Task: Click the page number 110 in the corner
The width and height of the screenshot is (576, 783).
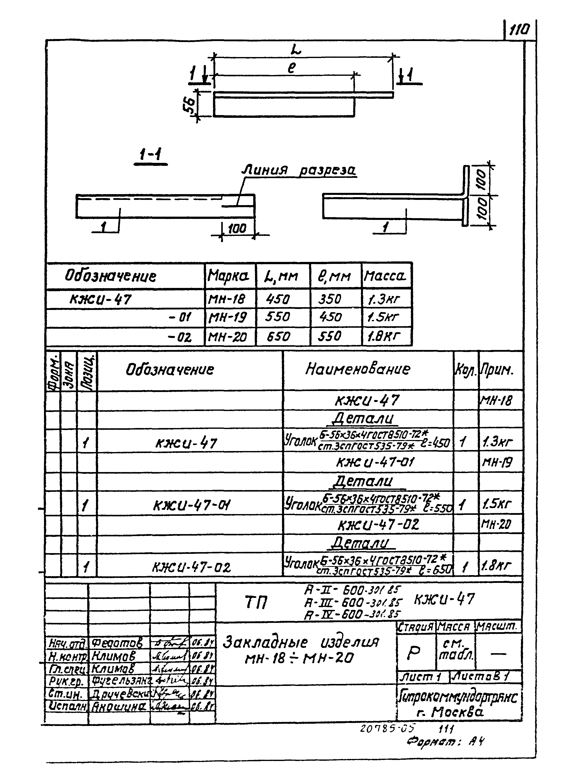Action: [x=519, y=30]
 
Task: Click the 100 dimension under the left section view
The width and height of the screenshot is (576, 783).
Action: [x=237, y=229]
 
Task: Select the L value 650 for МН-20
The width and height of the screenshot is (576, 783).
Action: [x=278, y=337]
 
